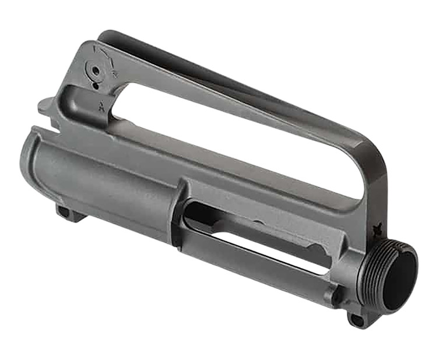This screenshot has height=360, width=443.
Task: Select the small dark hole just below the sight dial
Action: [94, 86]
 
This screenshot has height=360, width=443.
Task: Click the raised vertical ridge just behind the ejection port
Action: [177, 210]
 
